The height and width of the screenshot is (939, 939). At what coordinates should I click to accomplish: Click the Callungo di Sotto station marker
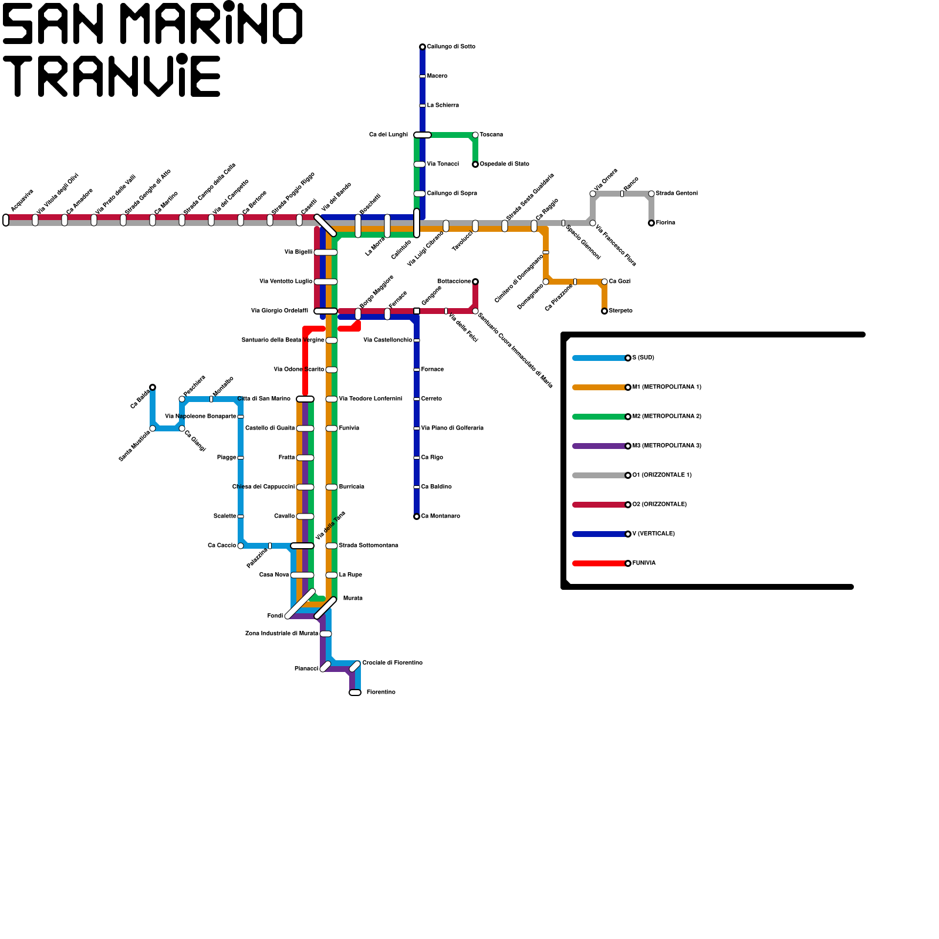[423, 47]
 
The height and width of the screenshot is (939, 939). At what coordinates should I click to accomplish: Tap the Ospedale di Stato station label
[504, 164]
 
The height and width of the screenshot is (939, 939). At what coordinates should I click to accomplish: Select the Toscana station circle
[475, 135]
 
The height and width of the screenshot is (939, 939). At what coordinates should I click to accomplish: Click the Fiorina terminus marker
[651, 223]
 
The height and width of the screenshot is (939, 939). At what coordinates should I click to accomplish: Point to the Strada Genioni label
[677, 194]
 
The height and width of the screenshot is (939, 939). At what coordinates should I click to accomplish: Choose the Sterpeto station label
[620, 311]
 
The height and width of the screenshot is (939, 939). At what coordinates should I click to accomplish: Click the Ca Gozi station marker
[604, 282]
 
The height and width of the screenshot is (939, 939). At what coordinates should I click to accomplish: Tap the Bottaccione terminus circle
[475, 282]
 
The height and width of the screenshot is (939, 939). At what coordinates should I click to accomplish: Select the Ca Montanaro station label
[440, 516]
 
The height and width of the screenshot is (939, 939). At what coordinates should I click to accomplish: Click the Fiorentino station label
[381, 693]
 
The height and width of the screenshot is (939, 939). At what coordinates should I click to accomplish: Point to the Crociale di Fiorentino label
[392, 663]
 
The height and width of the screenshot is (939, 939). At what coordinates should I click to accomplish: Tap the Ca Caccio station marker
[241, 546]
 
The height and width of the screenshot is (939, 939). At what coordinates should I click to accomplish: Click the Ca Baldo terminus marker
[153, 387]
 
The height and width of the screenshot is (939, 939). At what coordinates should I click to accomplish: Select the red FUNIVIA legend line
[599, 563]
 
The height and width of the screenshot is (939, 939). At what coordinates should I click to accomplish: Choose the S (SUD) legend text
[643, 358]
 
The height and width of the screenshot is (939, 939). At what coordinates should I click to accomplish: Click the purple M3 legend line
[599, 446]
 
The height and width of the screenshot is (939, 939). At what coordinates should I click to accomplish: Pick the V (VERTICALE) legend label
[653, 534]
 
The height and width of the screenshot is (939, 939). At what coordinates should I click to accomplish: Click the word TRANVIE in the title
[112, 76]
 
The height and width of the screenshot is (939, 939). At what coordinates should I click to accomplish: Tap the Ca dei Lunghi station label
[388, 135]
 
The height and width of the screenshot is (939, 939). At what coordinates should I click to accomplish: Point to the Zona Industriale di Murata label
[282, 634]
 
